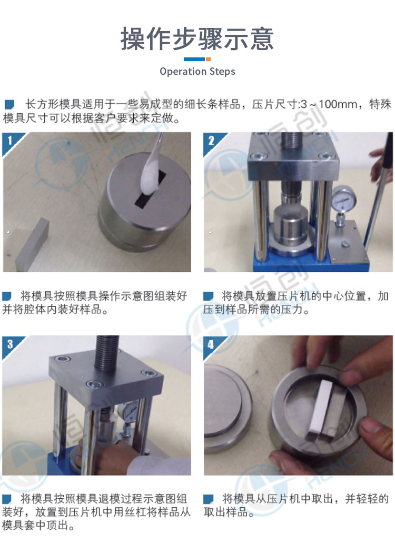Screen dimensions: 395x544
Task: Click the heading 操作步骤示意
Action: [197, 39]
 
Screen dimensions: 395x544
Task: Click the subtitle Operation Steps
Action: [197, 72]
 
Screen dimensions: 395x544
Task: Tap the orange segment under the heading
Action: [208, 60]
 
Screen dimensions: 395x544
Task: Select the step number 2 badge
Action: [211, 140]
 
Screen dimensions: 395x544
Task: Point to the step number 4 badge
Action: [211, 344]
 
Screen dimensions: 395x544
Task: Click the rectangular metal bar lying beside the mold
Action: [32, 244]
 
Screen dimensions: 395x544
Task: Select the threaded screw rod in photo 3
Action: [107, 352]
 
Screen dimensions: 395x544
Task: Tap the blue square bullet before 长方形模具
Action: [9, 104]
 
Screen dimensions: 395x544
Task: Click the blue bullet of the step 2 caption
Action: [208, 296]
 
